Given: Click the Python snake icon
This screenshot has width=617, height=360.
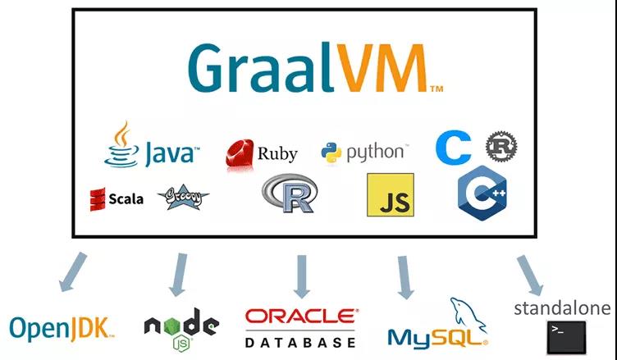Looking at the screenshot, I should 331,153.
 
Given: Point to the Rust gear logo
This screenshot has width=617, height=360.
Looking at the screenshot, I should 500,147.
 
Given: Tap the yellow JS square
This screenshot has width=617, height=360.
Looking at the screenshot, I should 390,194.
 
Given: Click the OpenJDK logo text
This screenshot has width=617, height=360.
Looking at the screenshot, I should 62,328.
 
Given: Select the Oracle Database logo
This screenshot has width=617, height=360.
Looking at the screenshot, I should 301,327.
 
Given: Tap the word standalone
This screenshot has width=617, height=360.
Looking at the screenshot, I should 562,308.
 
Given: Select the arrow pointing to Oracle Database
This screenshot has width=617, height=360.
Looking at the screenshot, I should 301,276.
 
